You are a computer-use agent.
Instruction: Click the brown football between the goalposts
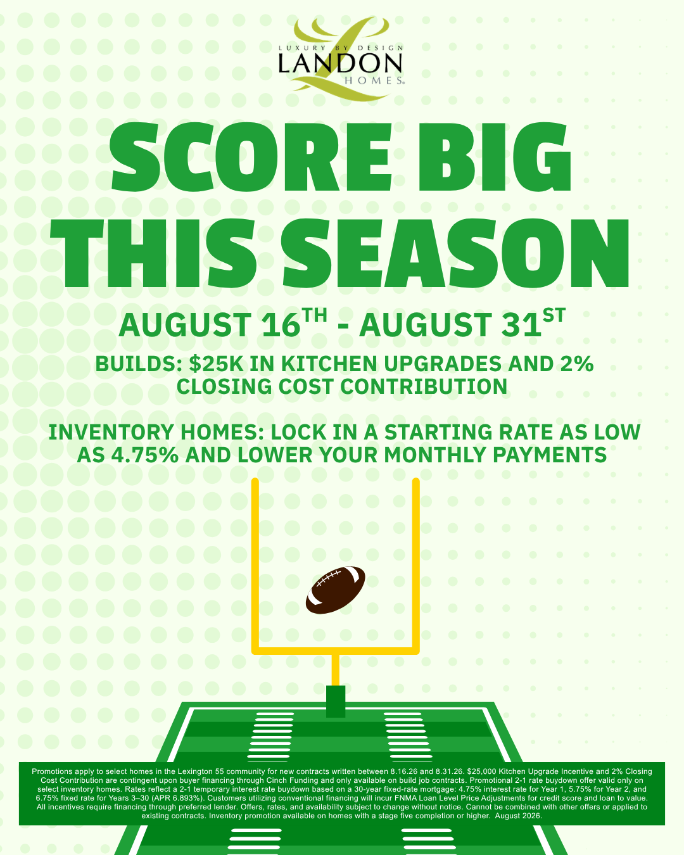(335, 590)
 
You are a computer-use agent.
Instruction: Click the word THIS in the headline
(154, 253)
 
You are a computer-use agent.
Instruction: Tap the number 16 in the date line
(281, 325)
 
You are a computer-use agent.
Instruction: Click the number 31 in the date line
(521, 325)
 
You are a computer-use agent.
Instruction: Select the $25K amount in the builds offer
(216, 364)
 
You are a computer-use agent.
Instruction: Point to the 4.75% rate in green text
(144, 455)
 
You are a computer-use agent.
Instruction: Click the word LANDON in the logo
(340, 63)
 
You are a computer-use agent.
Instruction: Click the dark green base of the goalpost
(336, 701)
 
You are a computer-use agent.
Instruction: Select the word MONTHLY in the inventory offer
(435, 455)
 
